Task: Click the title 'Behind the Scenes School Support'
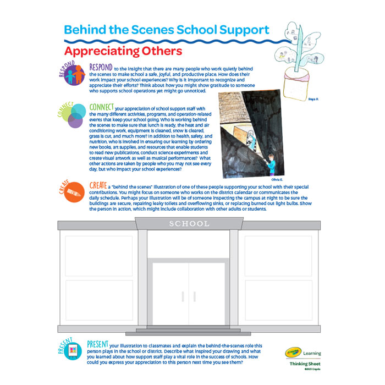click(x=167, y=30)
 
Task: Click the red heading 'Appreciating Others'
click(x=123, y=52)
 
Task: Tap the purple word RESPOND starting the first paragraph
click(x=101, y=67)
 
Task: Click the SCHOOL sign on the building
click(x=189, y=224)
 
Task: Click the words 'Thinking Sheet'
click(x=306, y=364)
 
